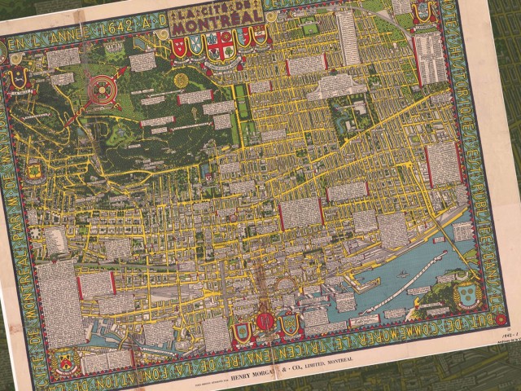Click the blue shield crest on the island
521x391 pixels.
tap(466, 289)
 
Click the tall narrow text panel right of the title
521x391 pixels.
tap(348, 37)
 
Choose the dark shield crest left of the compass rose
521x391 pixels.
tap(19, 81)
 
